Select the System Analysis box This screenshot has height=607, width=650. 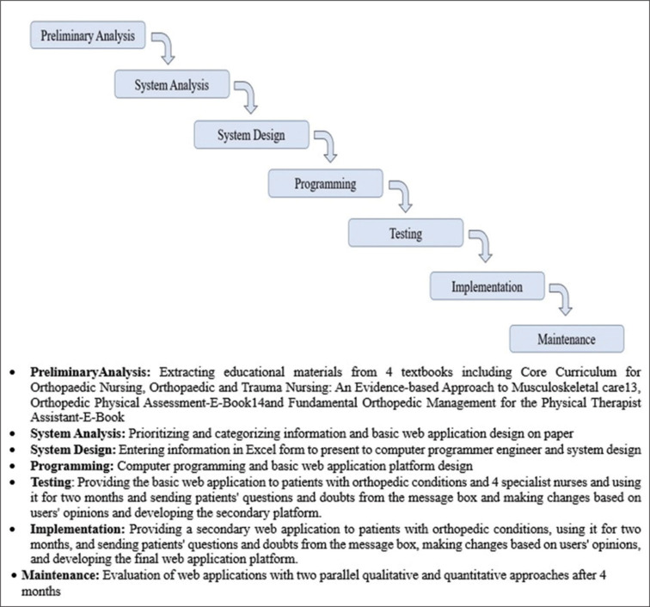(171, 85)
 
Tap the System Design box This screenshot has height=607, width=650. (251, 135)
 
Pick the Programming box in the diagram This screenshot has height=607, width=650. (325, 183)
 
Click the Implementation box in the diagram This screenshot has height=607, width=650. (486, 286)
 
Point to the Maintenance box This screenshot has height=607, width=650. (566, 339)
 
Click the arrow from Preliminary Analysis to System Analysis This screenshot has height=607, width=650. (166, 50)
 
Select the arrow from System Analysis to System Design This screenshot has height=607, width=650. (248, 98)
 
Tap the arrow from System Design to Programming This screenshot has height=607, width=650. (325, 148)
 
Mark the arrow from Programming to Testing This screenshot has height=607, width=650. (401, 197)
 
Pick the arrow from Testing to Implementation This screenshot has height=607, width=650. (481, 247)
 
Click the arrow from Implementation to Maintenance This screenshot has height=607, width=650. (561, 300)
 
